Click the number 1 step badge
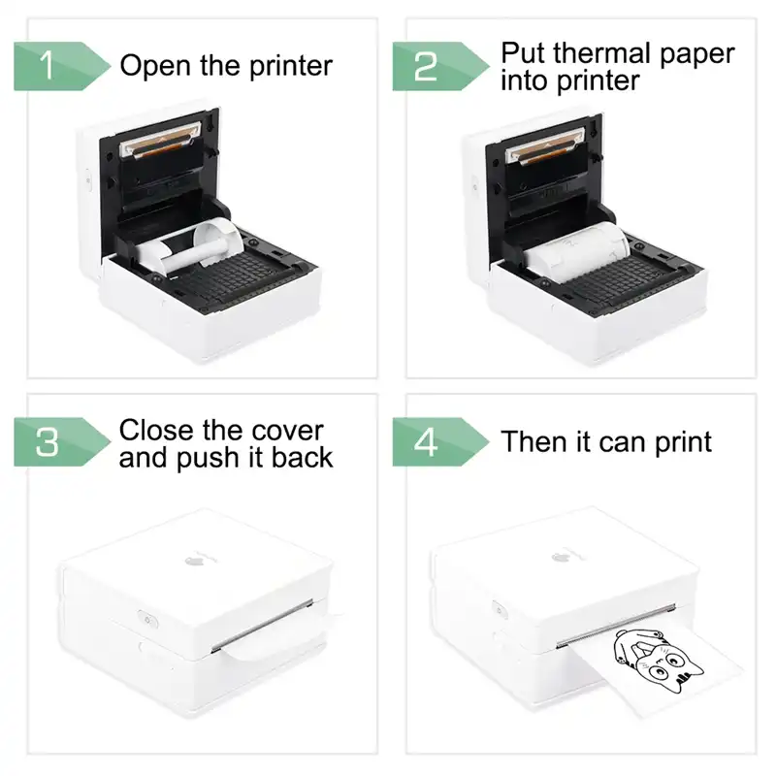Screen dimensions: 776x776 coord(48,67)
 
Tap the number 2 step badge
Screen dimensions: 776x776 coord(427,67)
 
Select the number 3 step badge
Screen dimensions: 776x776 coord(48,442)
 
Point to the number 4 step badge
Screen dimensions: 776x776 coord(427,442)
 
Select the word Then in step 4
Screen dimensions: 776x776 coord(534,442)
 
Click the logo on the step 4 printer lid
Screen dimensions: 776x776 coord(562,556)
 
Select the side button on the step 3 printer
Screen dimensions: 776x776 coord(146,614)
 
